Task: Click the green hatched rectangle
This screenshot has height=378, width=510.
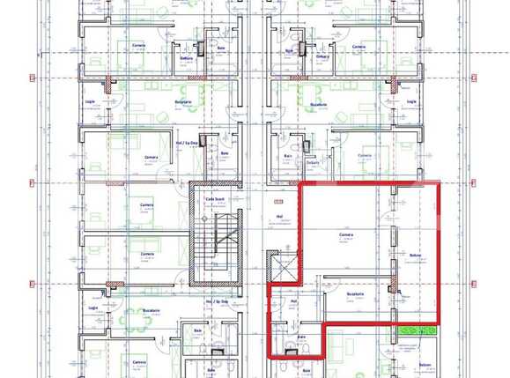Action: pyautogui.click(x=417, y=331)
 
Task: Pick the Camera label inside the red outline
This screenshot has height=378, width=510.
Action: pyautogui.click(x=346, y=235)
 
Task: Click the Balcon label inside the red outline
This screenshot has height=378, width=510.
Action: pyautogui.click(x=415, y=256)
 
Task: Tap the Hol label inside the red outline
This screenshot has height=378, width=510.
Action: pyautogui.click(x=293, y=300)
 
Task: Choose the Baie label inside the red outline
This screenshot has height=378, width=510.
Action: pyautogui.click(x=301, y=336)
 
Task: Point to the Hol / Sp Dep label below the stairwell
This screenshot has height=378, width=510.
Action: pyautogui.click(x=217, y=301)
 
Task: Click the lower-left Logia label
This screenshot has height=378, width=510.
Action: pyautogui.click(x=92, y=308)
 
